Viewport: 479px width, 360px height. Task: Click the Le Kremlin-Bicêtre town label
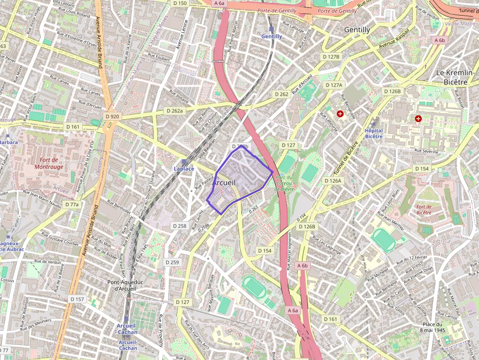pos(455,77)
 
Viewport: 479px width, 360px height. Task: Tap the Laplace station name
pos(184,169)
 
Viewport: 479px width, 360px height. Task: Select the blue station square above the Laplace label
pos(184,161)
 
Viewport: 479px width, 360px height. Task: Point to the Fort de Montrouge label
pos(49,163)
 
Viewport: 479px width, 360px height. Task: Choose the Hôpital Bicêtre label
pos(373,133)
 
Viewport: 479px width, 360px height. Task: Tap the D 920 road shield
pos(112,116)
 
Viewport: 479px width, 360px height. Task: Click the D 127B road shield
pos(331,57)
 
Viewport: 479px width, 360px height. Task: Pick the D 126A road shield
pos(333,181)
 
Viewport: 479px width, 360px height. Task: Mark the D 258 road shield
pos(180,226)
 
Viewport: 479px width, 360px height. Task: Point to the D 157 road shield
pos(77,299)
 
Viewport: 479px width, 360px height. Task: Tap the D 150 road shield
pos(180,3)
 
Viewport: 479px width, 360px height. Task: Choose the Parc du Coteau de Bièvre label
pos(284,183)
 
